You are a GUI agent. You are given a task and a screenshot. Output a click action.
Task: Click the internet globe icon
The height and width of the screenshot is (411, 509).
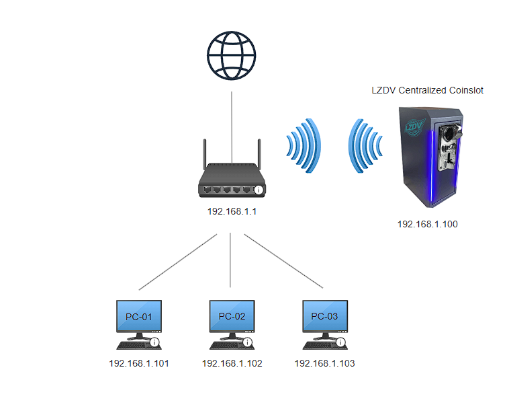tap(232, 57)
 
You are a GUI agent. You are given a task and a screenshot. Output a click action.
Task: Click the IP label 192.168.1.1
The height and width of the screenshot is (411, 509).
tap(232, 211)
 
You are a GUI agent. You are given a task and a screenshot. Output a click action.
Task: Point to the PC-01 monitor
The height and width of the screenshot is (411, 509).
tap(138, 317)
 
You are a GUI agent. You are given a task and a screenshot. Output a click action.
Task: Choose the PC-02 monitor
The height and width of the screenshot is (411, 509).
tap(232, 317)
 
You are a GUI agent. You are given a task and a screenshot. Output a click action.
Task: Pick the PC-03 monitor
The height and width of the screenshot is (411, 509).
tap(324, 317)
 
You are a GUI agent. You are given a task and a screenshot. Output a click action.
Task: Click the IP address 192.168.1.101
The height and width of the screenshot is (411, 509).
tap(139, 364)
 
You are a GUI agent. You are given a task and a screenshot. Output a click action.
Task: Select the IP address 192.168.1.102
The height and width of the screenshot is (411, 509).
tap(232, 364)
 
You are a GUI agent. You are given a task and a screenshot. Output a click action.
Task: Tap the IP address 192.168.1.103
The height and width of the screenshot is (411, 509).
tap(324, 364)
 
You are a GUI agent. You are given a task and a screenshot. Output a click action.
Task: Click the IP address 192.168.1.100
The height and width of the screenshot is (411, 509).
tap(428, 224)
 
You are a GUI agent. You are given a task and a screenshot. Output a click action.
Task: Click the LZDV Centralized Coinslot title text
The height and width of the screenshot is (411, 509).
tap(428, 90)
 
